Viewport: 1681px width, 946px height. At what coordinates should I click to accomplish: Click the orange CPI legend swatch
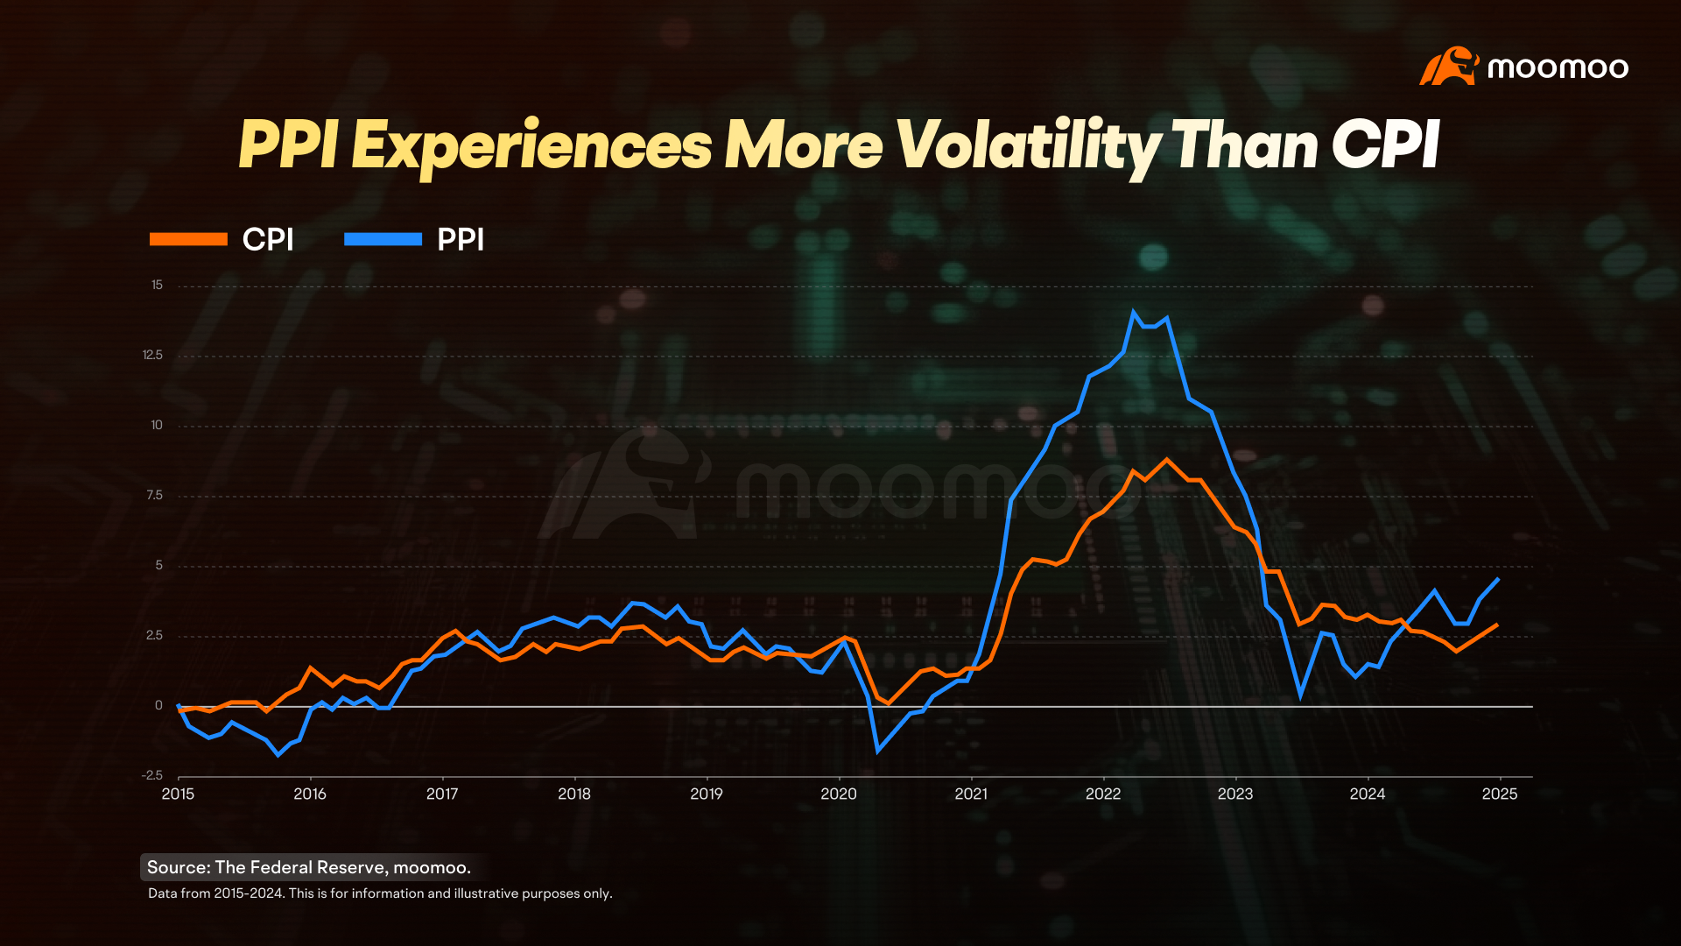tap(188, 239)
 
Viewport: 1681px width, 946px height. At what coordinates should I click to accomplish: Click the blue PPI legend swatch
tap(383, 239)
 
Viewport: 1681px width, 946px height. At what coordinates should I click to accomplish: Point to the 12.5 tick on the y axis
tap(152, 355)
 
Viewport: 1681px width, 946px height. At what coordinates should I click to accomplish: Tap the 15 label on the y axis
tap(157, 285)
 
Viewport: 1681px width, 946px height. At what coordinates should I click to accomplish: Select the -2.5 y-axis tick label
tap(151, 775)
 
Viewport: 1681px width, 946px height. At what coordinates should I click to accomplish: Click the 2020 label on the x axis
tap(838, 794)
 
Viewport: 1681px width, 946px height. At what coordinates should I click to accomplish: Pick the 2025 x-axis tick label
tap(1499, 794)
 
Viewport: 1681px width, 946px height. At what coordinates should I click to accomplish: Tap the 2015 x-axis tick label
tap(178, 794)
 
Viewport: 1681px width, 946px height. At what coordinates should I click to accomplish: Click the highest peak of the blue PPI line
tap(1134, 312)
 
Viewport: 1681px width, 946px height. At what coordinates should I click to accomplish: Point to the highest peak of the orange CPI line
tap(1166, 459)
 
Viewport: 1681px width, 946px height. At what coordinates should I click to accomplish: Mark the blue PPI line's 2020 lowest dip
tap(877, 751)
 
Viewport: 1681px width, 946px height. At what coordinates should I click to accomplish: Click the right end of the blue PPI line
tap(1498, 579)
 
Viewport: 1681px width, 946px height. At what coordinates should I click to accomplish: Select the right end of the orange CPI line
tap(1497, 625)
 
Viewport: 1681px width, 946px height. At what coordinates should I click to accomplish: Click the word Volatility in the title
tap(1028, 145)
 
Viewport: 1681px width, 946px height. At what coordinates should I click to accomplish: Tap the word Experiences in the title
tap(531, 145)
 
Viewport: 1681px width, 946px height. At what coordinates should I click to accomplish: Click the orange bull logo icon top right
tap(1448, 67)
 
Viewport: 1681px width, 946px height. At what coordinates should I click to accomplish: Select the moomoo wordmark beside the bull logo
tap(1558, 67)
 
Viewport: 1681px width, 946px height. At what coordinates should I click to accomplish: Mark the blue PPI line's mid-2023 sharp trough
tap(1301, 695)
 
